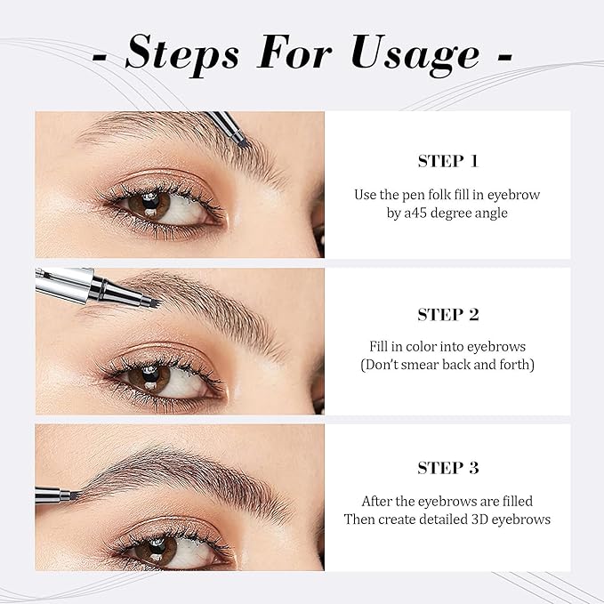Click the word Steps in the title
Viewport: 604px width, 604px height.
coord(182,54)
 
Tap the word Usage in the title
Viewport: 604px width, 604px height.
coord(415,54)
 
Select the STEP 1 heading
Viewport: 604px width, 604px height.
coord(448,161)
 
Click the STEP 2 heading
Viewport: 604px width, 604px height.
coord(448,315)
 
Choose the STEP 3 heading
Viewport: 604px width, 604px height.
coord(448,468)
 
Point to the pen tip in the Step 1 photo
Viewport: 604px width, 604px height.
coord(244,143)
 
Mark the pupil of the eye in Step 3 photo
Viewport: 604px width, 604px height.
coord(157,547)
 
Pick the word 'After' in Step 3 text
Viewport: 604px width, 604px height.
coord(377,501)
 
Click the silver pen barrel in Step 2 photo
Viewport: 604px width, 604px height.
coord(64,285)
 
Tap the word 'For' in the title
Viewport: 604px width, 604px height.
coord(294,52)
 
